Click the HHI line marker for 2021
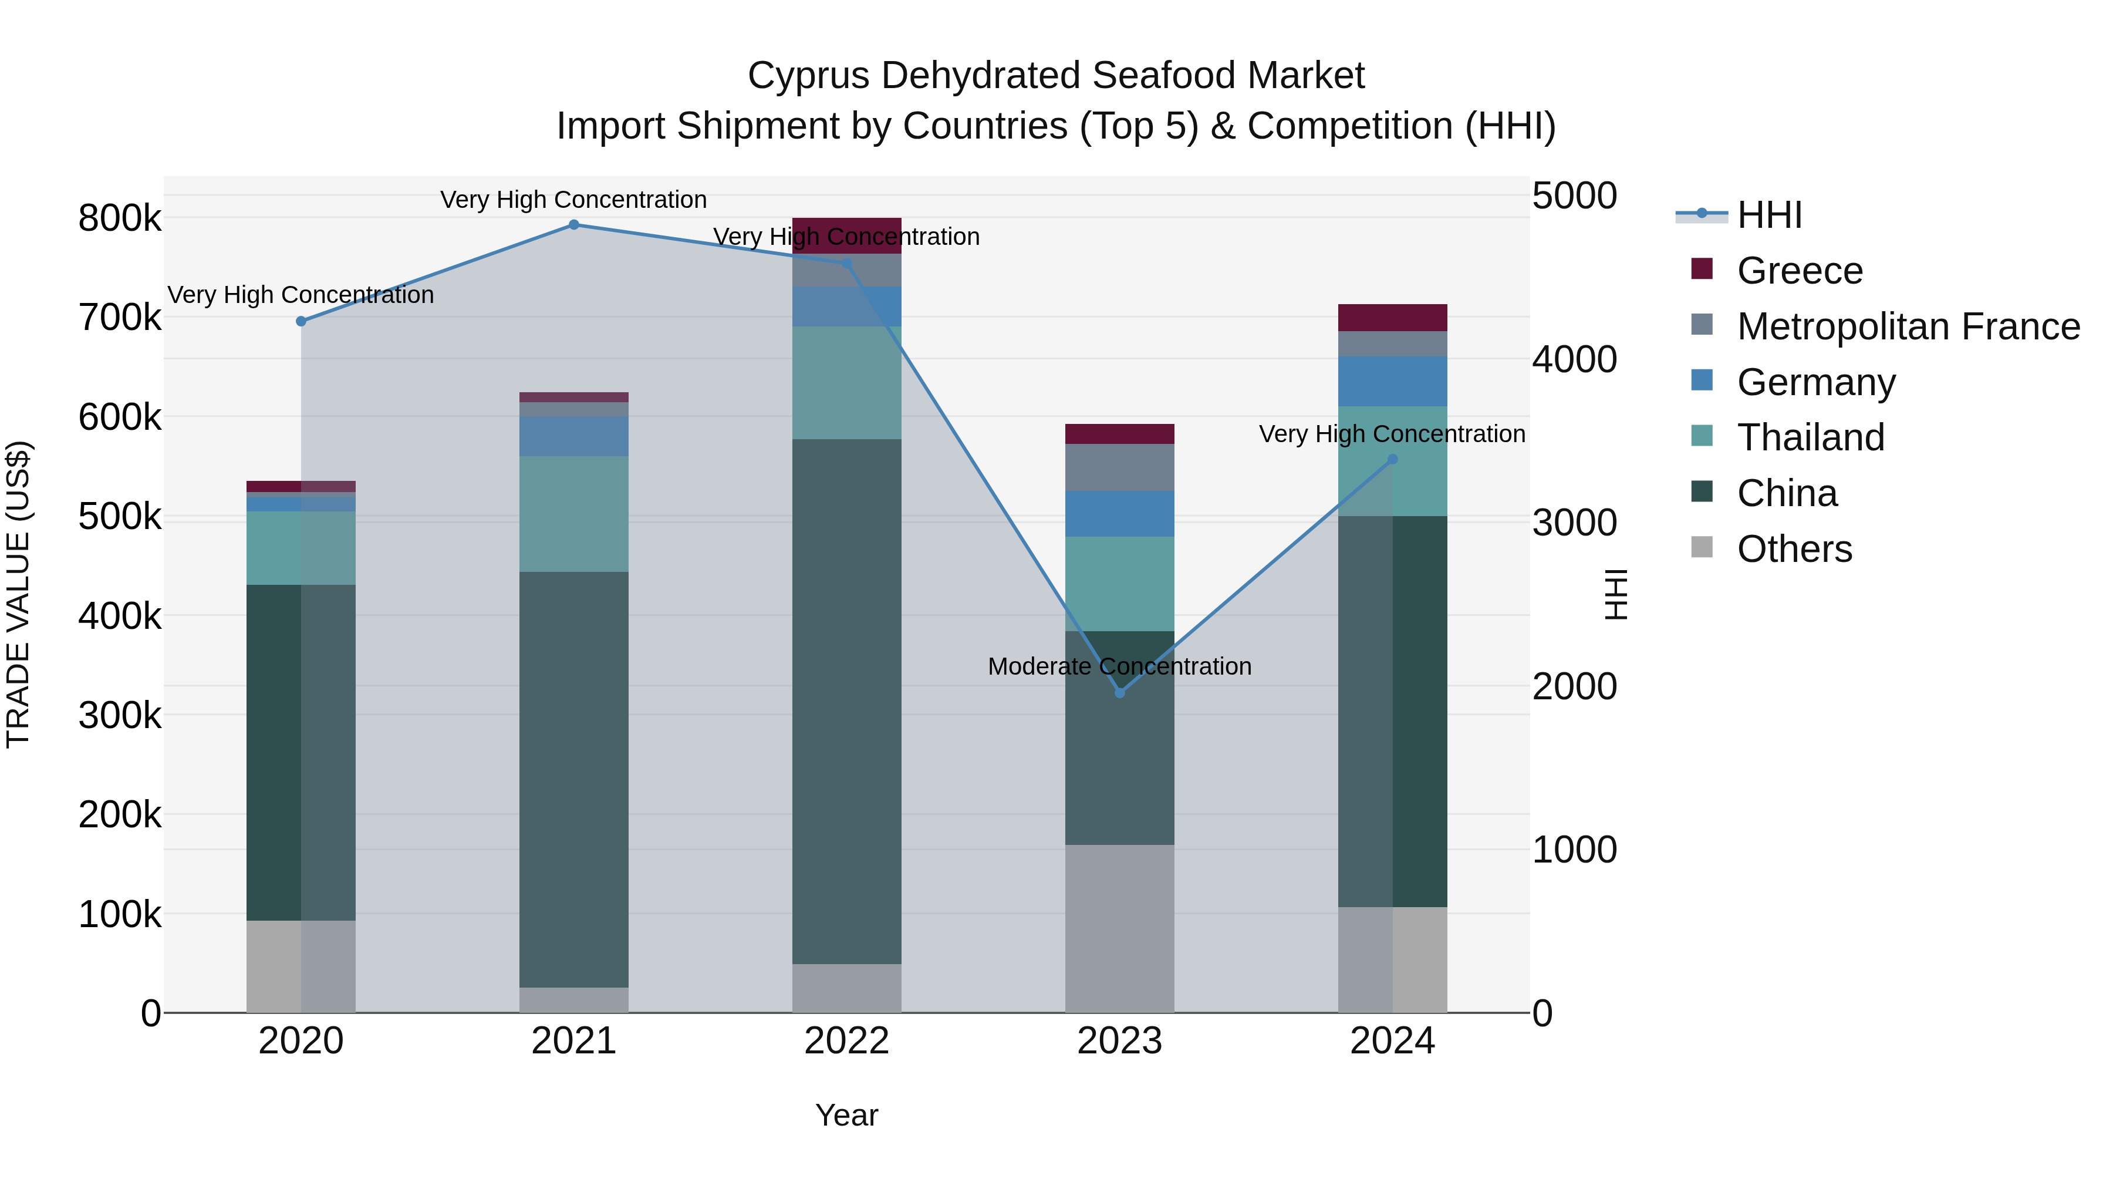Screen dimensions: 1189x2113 (574, 225)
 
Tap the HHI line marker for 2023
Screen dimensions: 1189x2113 (1120, 693)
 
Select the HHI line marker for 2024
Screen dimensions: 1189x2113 (1392, 460)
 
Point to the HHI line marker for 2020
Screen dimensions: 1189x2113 (301, 322)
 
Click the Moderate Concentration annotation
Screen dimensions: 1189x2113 (1120, 666)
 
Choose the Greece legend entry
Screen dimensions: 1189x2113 (1800, 271)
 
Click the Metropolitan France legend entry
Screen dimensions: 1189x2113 (1908, 326)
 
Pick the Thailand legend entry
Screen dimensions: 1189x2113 (1810, 437)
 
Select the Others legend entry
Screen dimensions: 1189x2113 (1794, 549)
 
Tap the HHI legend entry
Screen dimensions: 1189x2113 (1769, 215)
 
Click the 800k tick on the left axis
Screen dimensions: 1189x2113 (120, 219)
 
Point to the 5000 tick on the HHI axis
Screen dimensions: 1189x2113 (1574, 196)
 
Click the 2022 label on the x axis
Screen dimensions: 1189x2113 (846, 1041)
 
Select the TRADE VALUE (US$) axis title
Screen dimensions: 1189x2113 (18, 594)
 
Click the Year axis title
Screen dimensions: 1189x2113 (846, 1115)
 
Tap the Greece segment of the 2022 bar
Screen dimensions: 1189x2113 (846, 235)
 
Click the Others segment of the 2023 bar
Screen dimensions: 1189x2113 (1120, 928)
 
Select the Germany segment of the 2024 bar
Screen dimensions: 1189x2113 (1392, 382)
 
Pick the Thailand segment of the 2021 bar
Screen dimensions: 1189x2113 (574, 514)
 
